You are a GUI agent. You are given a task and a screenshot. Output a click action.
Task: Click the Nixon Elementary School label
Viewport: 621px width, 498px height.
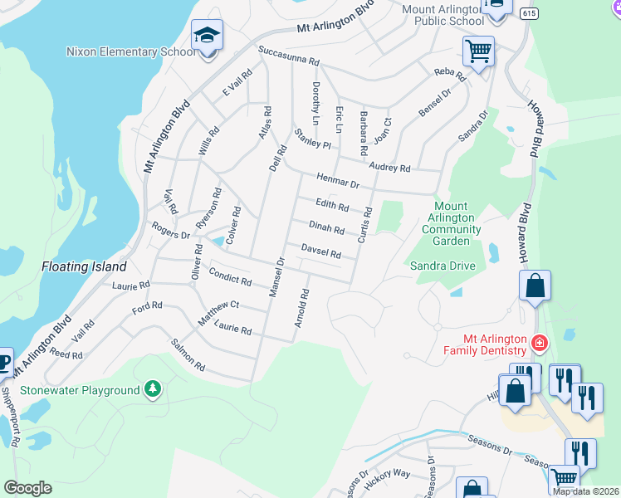[x=131, y=51]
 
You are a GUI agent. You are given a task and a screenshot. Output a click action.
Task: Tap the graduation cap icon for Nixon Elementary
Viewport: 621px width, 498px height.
[x=207, y=36]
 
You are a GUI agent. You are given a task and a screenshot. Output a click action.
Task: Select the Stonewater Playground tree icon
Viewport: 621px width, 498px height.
[x=152, y=389]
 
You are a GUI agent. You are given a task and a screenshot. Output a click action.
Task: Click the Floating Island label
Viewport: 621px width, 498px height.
[x=84, y=267]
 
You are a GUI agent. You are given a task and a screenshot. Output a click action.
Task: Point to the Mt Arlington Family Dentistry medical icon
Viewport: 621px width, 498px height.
[x=539, y=342]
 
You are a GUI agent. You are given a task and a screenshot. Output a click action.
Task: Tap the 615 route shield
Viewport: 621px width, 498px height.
[x=527, y=14]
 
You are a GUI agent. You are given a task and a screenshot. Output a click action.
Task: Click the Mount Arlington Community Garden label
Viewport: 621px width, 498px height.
[x=451, y=223]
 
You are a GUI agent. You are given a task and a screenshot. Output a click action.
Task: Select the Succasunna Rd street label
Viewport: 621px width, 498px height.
[x=288, y=56]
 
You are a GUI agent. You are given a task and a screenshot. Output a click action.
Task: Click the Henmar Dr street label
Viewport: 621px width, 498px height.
[x=337, y=179]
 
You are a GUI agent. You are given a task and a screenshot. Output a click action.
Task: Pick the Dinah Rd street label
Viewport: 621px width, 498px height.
[x=326, y=227]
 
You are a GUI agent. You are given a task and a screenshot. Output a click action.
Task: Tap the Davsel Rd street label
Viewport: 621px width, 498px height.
[x=320, y=251]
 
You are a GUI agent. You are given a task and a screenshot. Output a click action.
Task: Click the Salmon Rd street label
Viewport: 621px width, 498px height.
[x=187, y=354]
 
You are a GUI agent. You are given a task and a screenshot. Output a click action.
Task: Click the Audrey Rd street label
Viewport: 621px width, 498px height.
[x=390, y=168]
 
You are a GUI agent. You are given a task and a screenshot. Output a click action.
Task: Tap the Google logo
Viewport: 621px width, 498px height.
[x=27, y=488]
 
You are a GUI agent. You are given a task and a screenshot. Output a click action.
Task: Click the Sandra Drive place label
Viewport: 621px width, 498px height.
[x=443, y=266]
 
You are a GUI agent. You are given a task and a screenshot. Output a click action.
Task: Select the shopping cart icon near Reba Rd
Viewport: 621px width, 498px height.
[x=478, y=51]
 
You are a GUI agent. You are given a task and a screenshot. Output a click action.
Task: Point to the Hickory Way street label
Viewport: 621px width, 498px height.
[x=389, y=473]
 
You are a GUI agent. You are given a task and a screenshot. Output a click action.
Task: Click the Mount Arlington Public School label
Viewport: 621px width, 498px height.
[x=443, y=15]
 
